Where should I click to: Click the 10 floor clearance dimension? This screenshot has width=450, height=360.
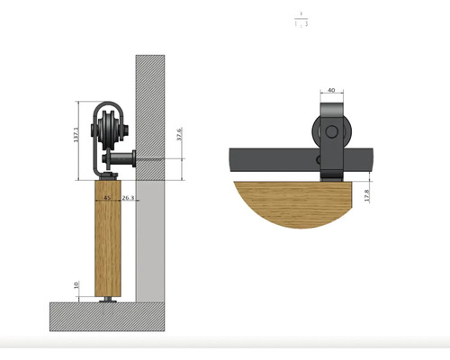click(76, 287)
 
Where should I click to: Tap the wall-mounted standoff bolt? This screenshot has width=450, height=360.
click(121, 161)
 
